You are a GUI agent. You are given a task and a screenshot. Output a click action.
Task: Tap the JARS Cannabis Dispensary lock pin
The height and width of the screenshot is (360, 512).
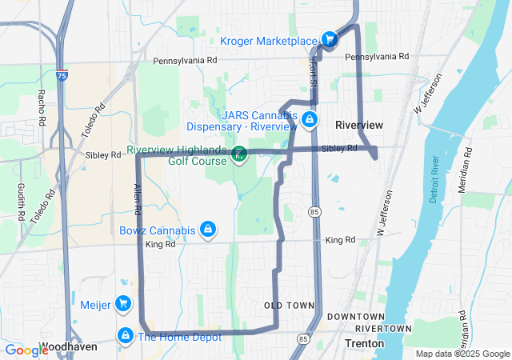pyautogui.click(x=308, y=121)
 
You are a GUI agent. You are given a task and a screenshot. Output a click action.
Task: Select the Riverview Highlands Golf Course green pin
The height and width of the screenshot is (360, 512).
pyautogui.click(x=239, y=152)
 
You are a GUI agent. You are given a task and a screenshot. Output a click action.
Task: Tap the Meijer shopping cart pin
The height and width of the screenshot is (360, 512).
pyautogui.click(x=122, y=304)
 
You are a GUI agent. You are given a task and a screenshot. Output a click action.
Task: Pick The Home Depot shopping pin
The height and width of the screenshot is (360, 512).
pyautogui.click(x=125, y=336)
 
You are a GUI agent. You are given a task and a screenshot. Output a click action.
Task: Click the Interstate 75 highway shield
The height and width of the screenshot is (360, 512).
pyautogui.click(x=62, y=75)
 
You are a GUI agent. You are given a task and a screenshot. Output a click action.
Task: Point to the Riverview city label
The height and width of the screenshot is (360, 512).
pyautogui.click(x=359, y=125)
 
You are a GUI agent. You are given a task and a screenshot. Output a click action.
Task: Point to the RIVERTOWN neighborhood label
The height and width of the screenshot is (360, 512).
pyautogui.click(x=383, y=329)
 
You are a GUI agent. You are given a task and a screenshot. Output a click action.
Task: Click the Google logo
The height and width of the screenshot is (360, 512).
pyautogui.click(x=26, y=350)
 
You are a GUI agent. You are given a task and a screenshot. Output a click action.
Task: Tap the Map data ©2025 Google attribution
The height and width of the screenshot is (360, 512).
pyautogui.click(x=462, y=354)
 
